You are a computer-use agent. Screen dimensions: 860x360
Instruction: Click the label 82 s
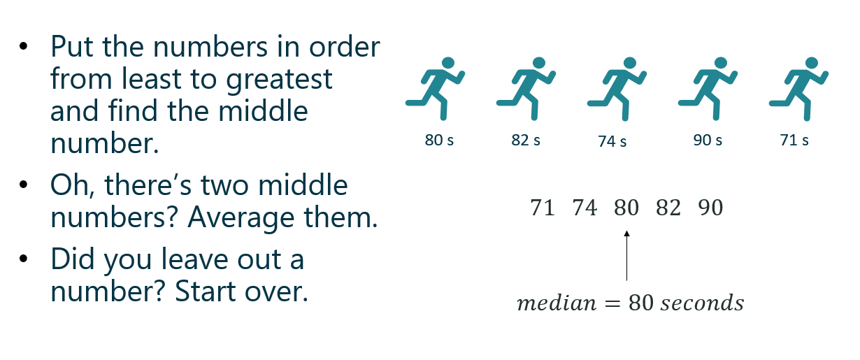526,140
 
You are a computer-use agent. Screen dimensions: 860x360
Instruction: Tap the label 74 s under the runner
612,141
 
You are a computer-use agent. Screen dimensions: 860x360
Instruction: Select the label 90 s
708,140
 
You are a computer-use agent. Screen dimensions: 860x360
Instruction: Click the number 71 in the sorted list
543,208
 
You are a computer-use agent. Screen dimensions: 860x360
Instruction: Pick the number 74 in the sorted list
585,208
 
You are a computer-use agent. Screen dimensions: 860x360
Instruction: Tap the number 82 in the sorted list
668,208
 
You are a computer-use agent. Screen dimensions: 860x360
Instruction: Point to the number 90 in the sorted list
710,208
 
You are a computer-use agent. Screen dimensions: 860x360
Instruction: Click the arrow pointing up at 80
627,256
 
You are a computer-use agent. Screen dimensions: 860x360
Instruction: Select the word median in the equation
557,303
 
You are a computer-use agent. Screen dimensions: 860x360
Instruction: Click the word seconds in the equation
702,303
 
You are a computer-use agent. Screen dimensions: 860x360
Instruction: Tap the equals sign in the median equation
612,303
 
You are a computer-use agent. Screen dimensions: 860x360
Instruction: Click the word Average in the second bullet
241,217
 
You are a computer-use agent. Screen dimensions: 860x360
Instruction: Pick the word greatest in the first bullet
279,80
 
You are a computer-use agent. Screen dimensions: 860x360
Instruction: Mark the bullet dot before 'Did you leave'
23,259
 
